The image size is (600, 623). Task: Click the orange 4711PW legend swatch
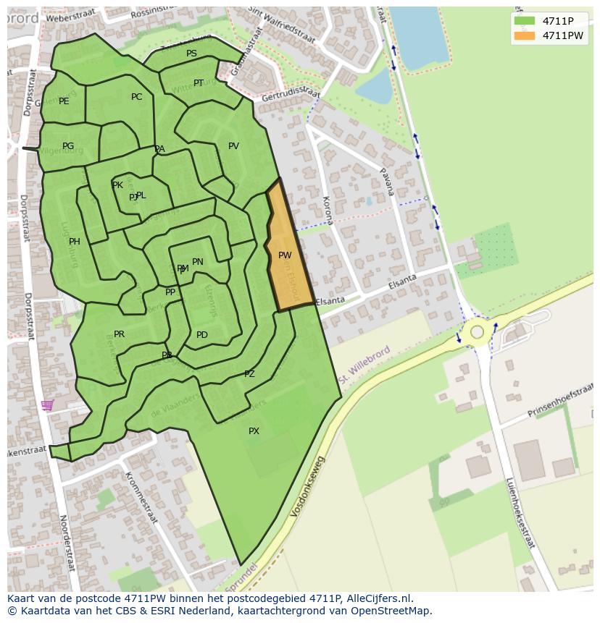point(525,35)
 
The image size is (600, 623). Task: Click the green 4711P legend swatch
point(525,21)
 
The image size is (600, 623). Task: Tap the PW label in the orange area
point(285,255)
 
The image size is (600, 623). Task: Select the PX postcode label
point(254,431)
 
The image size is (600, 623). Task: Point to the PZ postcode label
point(249,374)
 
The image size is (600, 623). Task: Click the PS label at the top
point(191,54)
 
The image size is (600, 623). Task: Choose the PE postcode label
point(64,101)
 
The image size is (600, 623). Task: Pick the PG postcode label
point(68,146)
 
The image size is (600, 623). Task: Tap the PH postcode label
point(74,242)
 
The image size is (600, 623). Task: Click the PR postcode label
point(120,334)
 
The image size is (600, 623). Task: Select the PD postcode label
point(202,335)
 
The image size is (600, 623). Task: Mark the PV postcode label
point(233,146)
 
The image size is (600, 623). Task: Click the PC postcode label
point(137,97)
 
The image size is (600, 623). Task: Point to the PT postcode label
point(199,83)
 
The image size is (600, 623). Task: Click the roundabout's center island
point(477,332)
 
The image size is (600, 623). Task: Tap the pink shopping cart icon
point(47,405)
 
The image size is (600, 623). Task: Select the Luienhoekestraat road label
point(520,512)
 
